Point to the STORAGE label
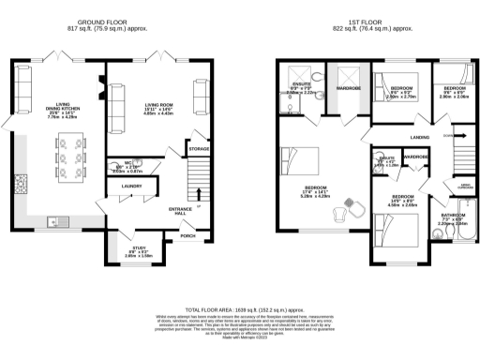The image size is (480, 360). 199,148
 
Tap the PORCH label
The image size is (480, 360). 188,235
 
